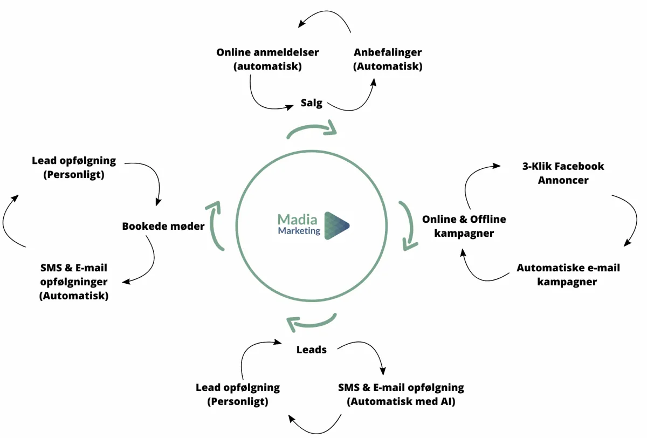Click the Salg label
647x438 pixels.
click(312, 103)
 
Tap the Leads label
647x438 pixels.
click(312, 350)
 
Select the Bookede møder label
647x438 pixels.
click(163, 226)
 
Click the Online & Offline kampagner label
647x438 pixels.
click(464, 226)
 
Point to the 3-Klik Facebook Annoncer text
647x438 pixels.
click(563, 173)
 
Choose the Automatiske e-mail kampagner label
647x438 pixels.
click(568, 275)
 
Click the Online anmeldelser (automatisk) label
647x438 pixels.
click(267, 59)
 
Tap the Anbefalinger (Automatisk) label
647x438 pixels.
click(388, 59)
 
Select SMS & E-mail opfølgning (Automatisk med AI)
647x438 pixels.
click(401, 394)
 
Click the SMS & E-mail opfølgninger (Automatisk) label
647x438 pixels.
click(74, 282)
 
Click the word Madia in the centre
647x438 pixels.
click(298, 220)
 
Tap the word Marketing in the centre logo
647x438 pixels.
click(299, 231)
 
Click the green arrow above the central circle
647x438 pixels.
click(312, 130)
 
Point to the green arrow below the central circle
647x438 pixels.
click(312, 321)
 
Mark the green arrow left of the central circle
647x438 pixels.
click(215, 225)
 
